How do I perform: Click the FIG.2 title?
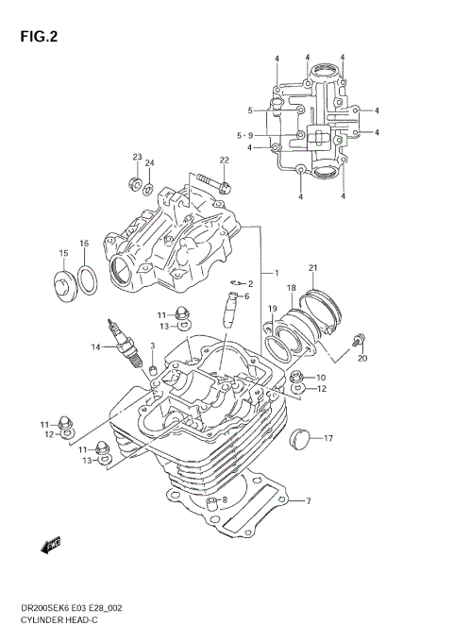35,38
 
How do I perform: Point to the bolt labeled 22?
213,183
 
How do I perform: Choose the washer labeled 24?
148,188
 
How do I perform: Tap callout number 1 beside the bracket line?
277,274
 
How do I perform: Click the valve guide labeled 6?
227,311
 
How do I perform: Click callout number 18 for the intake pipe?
291,287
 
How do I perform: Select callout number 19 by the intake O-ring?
271,309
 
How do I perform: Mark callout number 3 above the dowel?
152,346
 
